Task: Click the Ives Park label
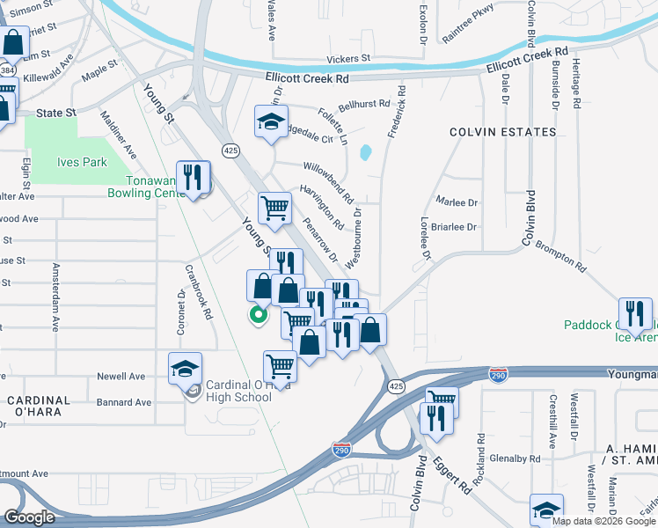tap(82, 162)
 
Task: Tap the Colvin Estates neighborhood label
tap(503, 132)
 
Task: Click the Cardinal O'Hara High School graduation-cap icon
tap(185, 369)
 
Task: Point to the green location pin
tap(258, 314)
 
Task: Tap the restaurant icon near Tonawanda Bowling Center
tap(193, 178)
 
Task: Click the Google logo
tap(29, 517)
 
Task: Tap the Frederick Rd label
tap(397, 115)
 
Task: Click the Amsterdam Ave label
tap(56, 297)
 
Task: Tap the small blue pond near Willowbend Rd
tap(365, 152)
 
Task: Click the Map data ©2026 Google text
tap(604, 520)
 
